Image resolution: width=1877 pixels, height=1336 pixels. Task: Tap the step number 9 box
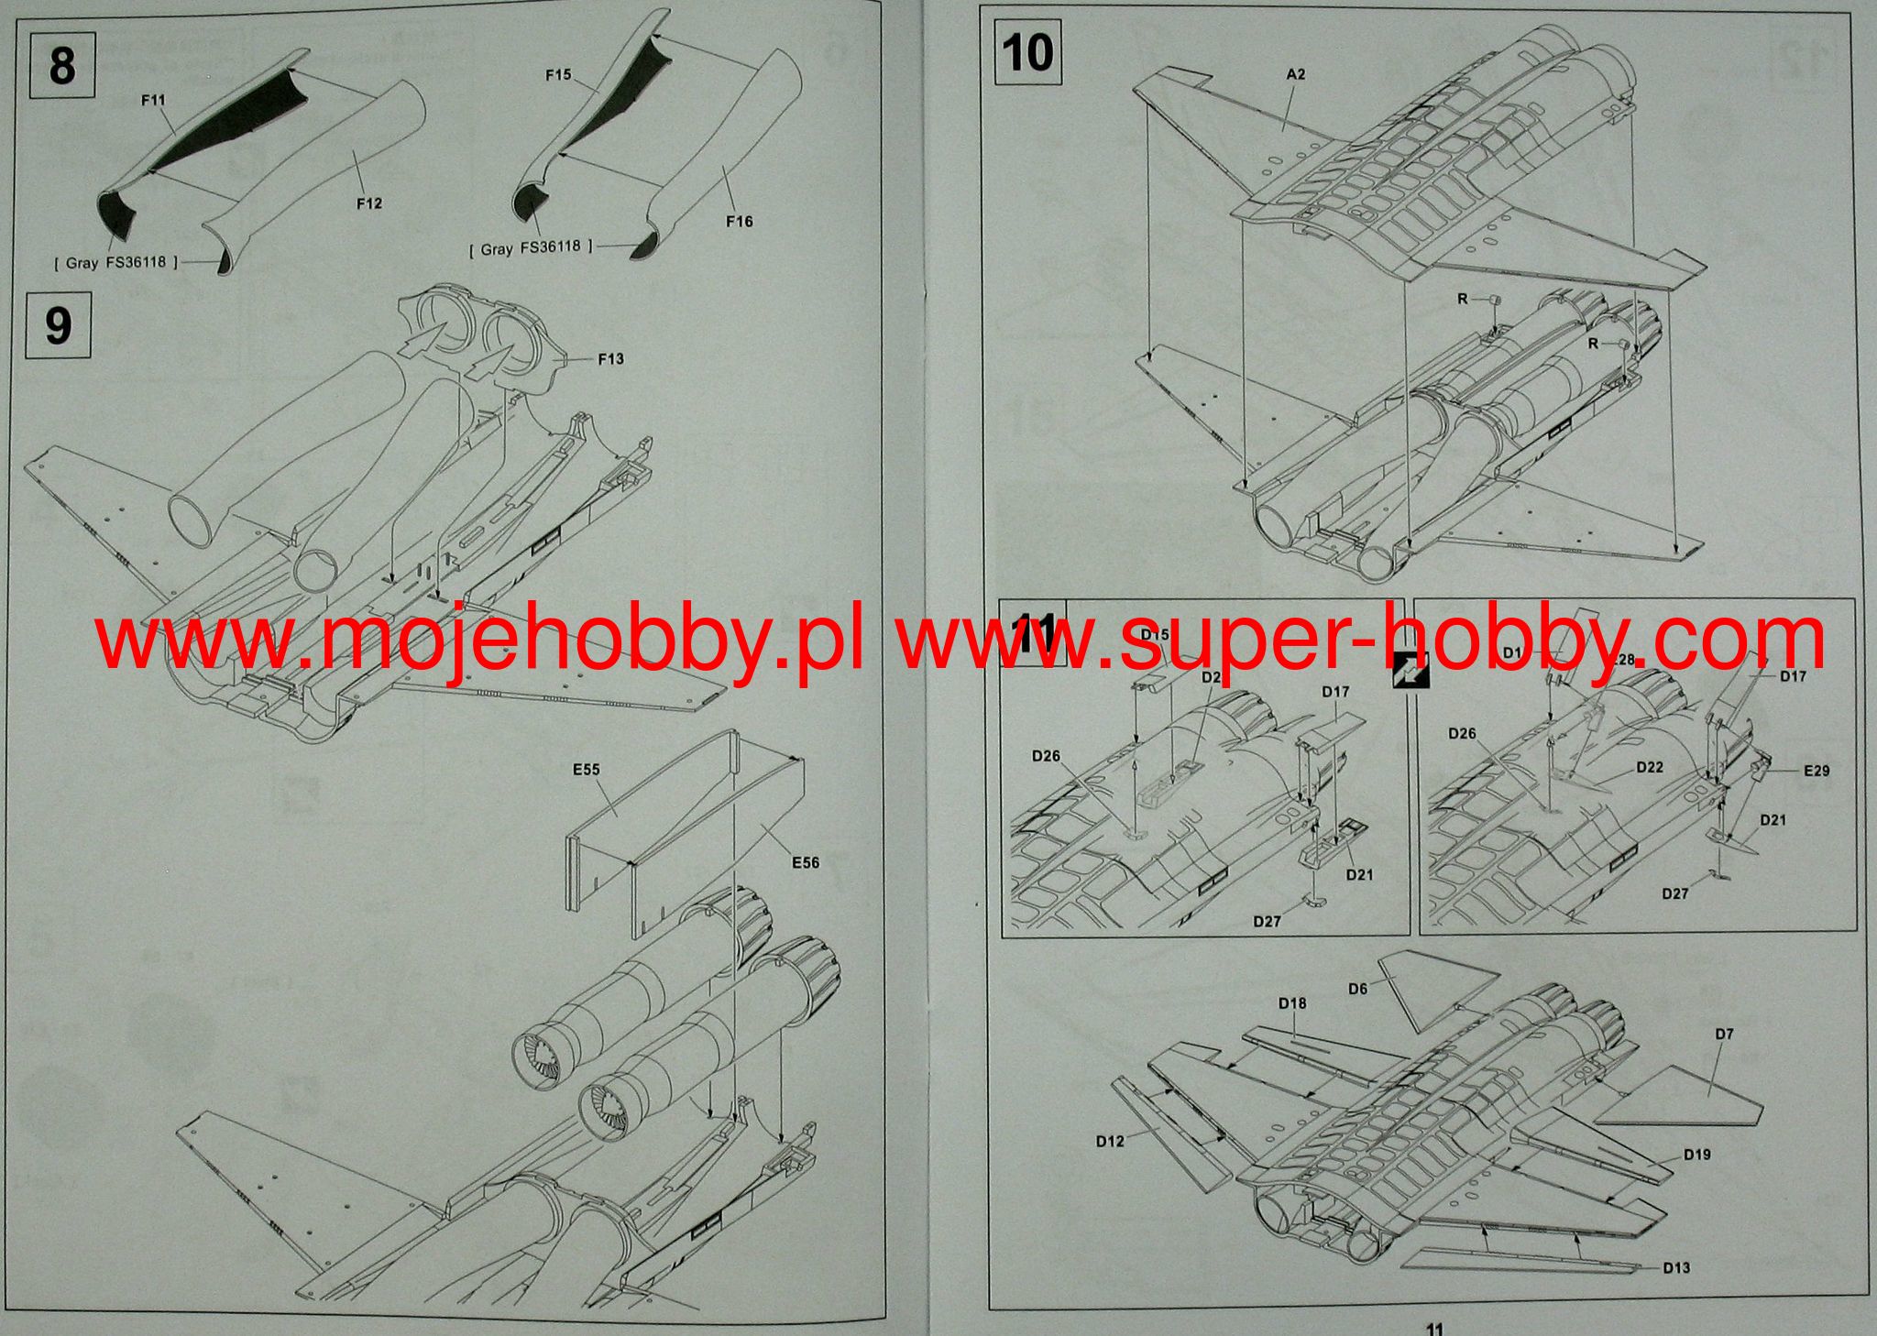[58, 325]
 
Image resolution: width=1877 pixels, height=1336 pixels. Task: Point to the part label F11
[154, 100]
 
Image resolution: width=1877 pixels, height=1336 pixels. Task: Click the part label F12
[369, 203]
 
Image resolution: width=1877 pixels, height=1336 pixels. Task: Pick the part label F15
[558, 75]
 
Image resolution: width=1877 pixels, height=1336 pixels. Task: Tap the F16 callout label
[739, 221]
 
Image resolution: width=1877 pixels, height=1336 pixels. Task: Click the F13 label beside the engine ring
[610, 358]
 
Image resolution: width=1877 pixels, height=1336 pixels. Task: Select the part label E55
[586, 769]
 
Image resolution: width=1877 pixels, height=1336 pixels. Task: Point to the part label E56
[805, 862]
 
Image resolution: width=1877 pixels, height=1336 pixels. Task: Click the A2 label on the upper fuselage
[1295, 74]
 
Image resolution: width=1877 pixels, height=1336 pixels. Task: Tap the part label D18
[1292, 1003]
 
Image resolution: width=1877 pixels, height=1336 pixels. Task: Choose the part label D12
[1110, 1141]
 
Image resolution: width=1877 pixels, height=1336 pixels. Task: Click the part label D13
[1676, 1267]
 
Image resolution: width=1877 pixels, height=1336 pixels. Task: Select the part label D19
[1696, 1155]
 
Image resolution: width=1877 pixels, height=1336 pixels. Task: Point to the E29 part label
[1817, 771]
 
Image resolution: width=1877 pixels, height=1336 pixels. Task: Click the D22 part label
[1650, 767]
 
